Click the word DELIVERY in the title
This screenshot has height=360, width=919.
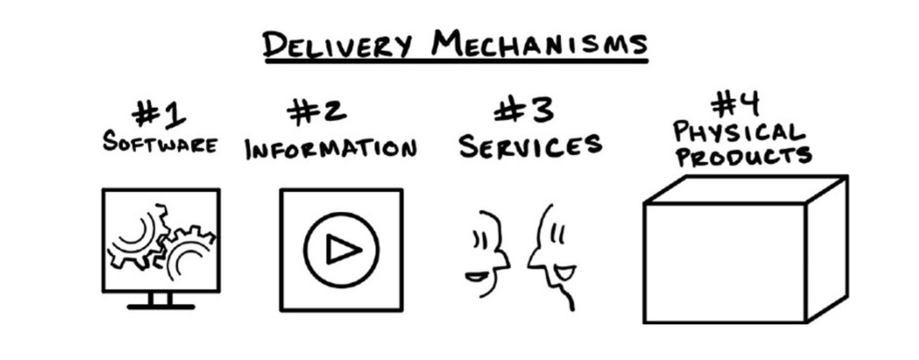point(337,44)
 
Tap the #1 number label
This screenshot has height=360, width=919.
point(159,114)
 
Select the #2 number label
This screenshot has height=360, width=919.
point(317,112)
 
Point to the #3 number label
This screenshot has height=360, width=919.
point(524,111)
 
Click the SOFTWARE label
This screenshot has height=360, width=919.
point(160,142)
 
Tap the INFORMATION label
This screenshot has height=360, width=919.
point(331,148)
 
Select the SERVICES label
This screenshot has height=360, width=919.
point(530,146)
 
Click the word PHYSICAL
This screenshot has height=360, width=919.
point(738,132)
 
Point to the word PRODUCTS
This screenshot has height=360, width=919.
point(743,156)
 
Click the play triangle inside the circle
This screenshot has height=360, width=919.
point(342,249)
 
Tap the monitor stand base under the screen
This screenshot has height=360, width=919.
point(161,307)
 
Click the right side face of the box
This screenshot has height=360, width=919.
point(827,249)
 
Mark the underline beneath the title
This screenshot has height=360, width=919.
point(456,62)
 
